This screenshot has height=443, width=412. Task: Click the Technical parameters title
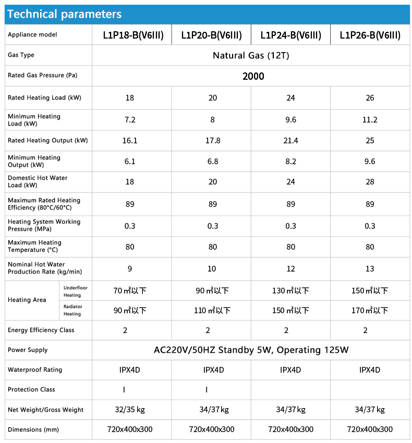click(x=65, y=14)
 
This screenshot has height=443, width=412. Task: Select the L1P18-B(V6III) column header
click(x=133, y=35)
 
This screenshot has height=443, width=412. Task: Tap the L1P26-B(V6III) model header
click(x=370, y=35)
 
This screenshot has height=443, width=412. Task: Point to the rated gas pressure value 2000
click(x=253, y=76)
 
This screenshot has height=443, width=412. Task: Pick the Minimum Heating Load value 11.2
click(x=370, y=120)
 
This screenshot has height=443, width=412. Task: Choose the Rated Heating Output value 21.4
click(x=290, y=141)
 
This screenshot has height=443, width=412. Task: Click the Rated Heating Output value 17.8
click(x=213, y=141)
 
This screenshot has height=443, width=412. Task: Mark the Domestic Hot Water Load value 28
click(x=370, y=182)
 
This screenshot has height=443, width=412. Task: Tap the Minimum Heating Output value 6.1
click(x=130, y=162)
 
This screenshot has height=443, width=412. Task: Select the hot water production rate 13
click(x=370, y=268)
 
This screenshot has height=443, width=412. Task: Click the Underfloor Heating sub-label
click(x=72, y=291)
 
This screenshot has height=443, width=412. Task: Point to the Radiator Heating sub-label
click(x=72, y=310)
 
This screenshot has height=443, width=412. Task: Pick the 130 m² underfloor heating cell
click(x=290, y=291)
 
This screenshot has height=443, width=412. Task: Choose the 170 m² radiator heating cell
click(x=370, y=311)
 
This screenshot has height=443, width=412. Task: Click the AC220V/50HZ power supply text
click(x=251, y=350)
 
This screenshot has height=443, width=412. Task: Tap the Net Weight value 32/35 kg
click(x=130, y=410)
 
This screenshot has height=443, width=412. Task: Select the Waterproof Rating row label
click(x=35, y=370)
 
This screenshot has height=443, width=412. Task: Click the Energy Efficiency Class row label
click(x=41, y=330)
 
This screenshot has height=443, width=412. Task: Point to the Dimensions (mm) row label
click(x=33, y=430)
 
